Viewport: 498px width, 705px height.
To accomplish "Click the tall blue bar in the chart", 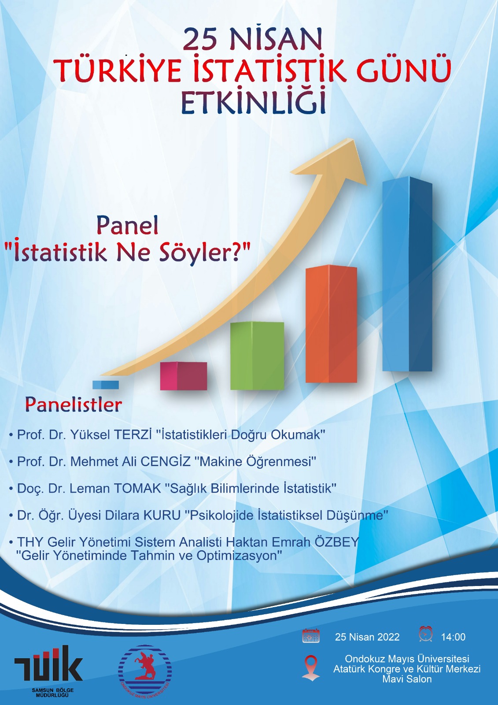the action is click(407, 274).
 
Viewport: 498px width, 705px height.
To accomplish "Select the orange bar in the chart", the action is click(331, 324).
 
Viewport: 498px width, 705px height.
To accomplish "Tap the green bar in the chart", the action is click(257, 356).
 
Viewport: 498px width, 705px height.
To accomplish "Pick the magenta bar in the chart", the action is click(184, 376).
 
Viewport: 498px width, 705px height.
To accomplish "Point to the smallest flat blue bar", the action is click(105, 385).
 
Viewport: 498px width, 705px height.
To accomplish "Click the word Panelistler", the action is click(73, 405).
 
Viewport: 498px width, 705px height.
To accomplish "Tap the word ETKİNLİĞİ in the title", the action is click(253, 103).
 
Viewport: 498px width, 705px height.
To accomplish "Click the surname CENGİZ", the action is click(166, 461).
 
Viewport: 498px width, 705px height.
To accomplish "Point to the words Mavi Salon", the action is click(407, 679).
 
